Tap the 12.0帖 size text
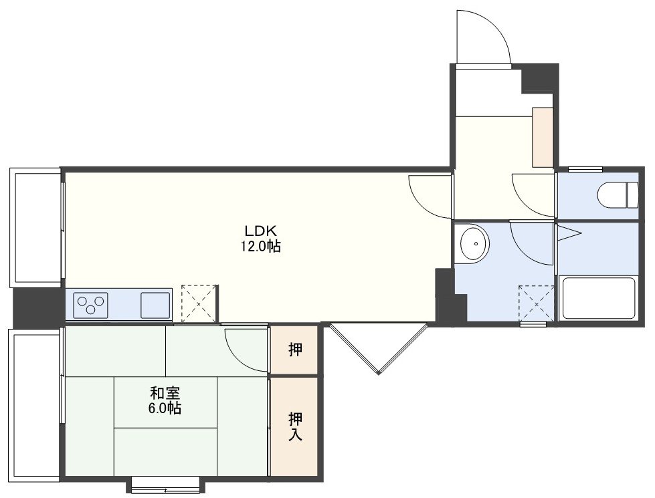[x=260, y=246]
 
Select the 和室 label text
[x=165, y=393]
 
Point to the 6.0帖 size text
[x=165, y=408]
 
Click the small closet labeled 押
[x=294, y=350]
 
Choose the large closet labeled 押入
[x=294, y=426]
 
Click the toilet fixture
[x=618, y=195]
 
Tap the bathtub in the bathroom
[x=599, y=297]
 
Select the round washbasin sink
[x=474, y=243]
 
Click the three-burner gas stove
[x=90, y=305]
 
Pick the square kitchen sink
[x=155, y=305]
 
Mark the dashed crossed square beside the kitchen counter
[x=199, y=303]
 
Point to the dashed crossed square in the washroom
[x=537, y=303]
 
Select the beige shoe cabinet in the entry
[x=543, y=137]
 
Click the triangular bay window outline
[x=379, y=348]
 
